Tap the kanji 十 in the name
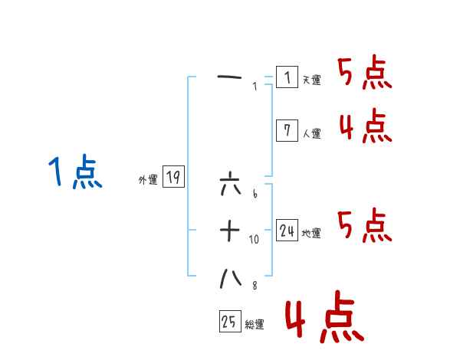coord(230,231)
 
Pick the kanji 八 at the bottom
coord(230,279)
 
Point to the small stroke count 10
coord(255,239)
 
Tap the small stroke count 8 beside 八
coord(255,286)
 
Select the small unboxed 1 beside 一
coord(255,86)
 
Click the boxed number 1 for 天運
coord(287,77)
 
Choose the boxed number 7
coord(287,130)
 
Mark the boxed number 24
coord(287,231)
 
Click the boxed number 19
coord(173,178)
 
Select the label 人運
coord(311,133)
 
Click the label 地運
coord(311,234)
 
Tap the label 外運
coord(148,181)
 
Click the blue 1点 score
coord(74,172)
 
